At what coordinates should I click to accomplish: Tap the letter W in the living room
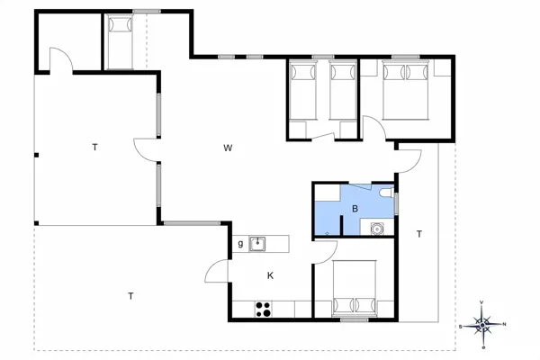tap(229, 147)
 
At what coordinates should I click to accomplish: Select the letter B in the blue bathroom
tap(355, 209)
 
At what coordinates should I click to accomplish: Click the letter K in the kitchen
tap(269, 275)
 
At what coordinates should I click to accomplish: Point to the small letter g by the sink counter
tap(240, 244)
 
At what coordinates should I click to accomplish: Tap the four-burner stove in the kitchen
tap(265, 309)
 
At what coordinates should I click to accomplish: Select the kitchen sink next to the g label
tap(258, 243)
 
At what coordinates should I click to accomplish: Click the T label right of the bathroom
tap(418, 234)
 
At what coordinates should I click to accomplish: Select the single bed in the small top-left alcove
tap(119, 41)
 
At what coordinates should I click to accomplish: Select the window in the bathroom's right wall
tap(396, 202)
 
